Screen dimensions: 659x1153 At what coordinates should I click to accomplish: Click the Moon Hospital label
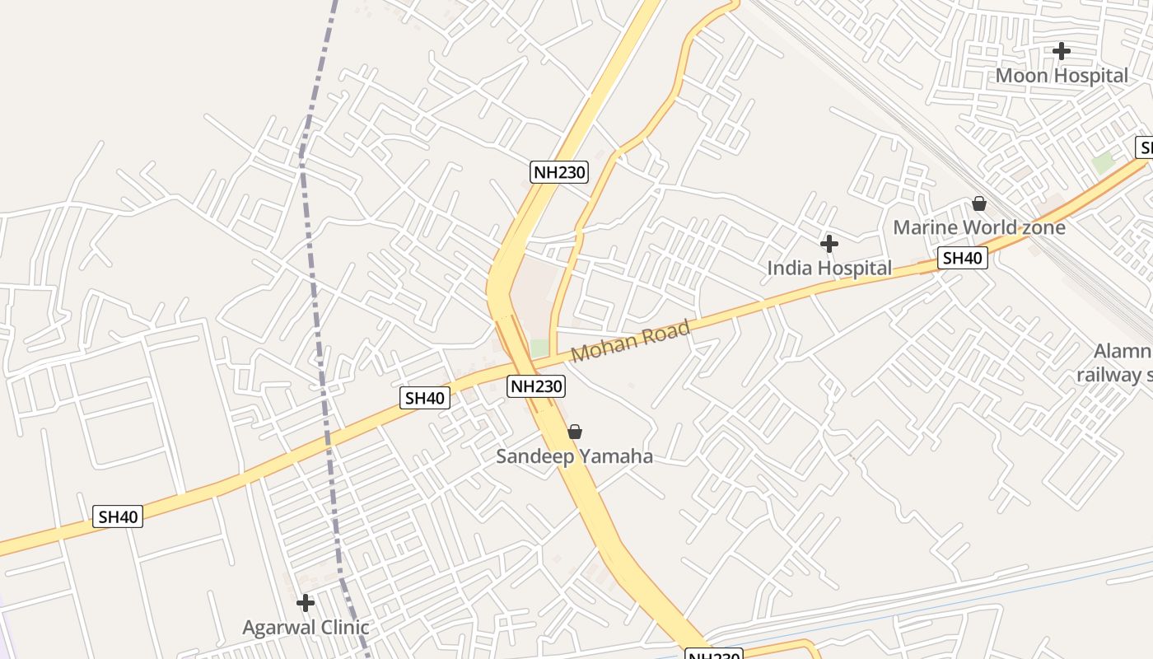click(x=1062, y=76)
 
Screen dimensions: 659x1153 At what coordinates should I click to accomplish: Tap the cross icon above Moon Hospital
click(x=1062, y=51)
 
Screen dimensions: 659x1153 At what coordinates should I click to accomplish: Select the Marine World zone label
click(x=979, y=227)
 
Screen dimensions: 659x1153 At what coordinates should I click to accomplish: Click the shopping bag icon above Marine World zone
click(x=979, y=203)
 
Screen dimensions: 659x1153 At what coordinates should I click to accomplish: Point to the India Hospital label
click(x=829, y=269)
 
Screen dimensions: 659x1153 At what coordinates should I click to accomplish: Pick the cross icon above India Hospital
click(x=829, y=244)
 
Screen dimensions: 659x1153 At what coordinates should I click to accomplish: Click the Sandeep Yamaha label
click(x=574, y=456)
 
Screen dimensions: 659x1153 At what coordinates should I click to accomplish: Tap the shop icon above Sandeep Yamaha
click(x=575, y=432)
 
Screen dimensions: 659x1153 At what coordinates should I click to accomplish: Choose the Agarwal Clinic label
click(x=306, y=628)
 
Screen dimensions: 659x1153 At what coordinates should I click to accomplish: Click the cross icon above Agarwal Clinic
click(x=306, y=603)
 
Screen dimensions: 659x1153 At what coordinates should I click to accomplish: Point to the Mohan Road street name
click(x=631, y=341)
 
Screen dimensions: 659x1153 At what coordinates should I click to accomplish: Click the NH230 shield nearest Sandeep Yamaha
click(x=535, y=386)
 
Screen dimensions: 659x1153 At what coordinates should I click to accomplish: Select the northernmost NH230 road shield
click(x=559, y=172)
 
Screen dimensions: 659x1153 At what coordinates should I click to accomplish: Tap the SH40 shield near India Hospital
click(x=963, y=259)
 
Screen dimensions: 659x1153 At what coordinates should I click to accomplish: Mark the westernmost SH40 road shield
click(x=118, y=517)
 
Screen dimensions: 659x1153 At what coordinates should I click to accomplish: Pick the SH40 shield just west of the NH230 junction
click(x=425, y=399)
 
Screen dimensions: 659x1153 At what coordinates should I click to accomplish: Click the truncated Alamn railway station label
click(x=1116, y=363)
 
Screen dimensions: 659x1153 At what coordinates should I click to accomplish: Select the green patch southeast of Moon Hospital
click(x=1103, y=163)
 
